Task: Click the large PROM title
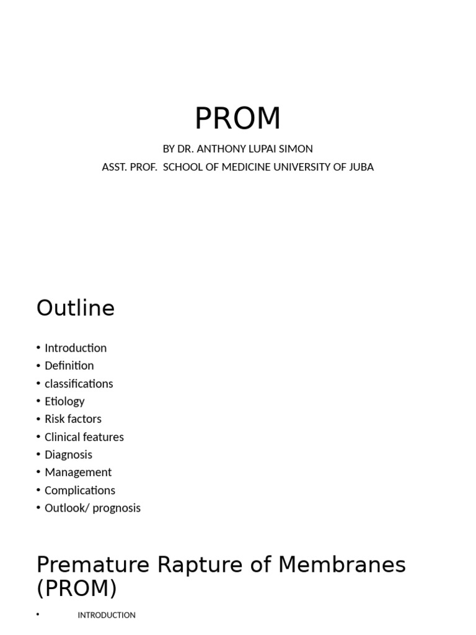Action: click(x=237, y=118)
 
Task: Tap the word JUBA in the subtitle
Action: click(x=361, y=167)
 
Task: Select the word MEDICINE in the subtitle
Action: click(x=247, y=167)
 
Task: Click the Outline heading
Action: click(x=76, y=308)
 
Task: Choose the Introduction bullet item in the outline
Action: click(x=76, y=348)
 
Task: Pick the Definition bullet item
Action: click(x=69, y=366)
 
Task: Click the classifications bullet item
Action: click(x=79, y=384)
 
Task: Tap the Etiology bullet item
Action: click(x=64, y=401)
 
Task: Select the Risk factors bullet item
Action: click(x=73, y=419)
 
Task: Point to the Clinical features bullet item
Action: click(x=84, y=437)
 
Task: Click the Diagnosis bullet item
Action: click(x=68, y=455)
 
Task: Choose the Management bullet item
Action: click(x=78, y=473)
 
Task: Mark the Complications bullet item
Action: click(x=80, y=491)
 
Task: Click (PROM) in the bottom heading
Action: click(x=77, y=588)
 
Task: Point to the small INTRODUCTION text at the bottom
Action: click(x=107, y=615)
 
